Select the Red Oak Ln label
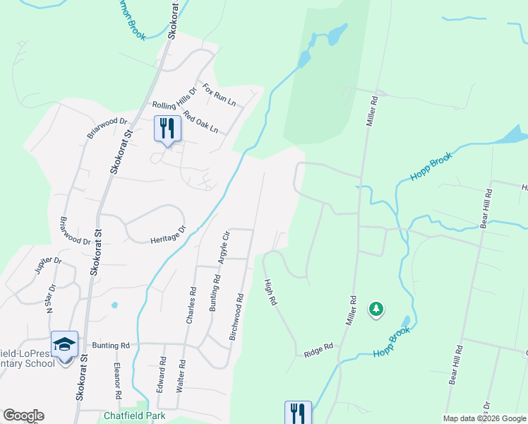pos(200,122)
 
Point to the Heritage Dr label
pos(167,235)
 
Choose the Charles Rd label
pos(191,305)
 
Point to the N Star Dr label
pos(49,301)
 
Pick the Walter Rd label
pos(182,375)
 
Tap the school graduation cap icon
pos(64,344)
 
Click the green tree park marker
pos(376,309)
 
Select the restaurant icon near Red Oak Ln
pos(167,129)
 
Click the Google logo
pos(23,416)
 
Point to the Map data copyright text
pos(484,418)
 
